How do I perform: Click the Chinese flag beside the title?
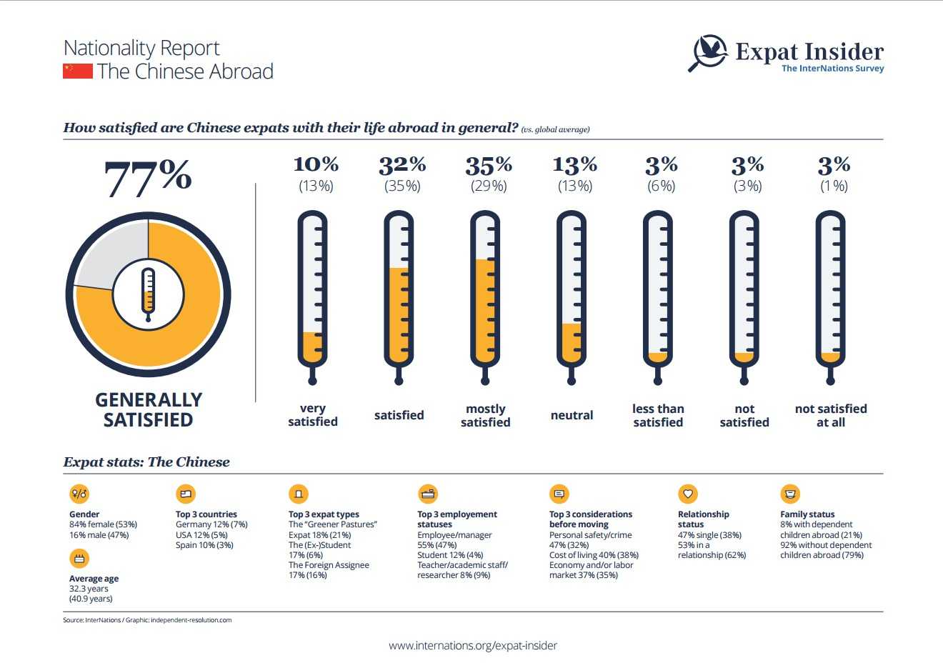[x=78, y=71]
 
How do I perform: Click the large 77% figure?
[x=148, y=178]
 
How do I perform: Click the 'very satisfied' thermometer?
[x=312, y=296]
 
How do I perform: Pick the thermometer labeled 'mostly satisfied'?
[x=485, y=296]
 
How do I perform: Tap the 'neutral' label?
[x=572, y=415]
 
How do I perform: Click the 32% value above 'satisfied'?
[x=402, y=166]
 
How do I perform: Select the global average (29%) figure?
[x=489, y=186]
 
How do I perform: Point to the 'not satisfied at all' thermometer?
[x=830, y=296]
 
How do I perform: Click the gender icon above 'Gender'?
[x=79, y=494]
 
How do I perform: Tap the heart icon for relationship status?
[x=687, y=494]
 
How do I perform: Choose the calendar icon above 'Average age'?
[x=79, y=558]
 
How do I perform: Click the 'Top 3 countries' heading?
[x=206, y=514]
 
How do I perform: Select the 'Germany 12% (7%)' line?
[x=211, y=524]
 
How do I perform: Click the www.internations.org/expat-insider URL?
[x=473, y=645]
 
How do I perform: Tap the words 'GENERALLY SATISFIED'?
[x=149, y=409]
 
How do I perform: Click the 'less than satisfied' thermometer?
[x=657, y=296]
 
